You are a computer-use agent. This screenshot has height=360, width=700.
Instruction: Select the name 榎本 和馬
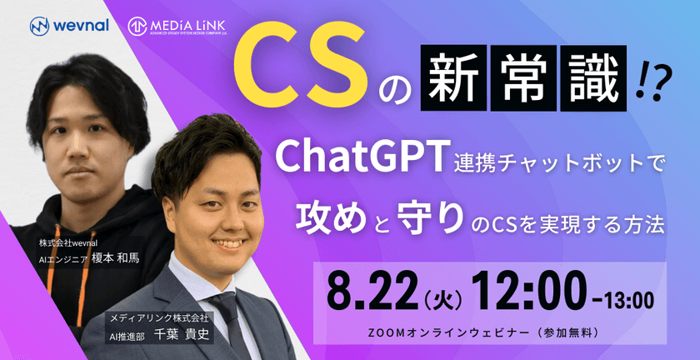(117, 257)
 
